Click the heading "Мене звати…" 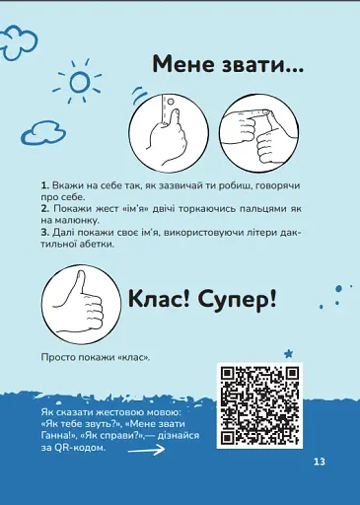(227, 64)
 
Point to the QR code (258, 406)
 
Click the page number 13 (319, 463)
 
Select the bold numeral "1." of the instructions (45, 185)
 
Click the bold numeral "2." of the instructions (45, 210)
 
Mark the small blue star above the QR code (289, 352)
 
